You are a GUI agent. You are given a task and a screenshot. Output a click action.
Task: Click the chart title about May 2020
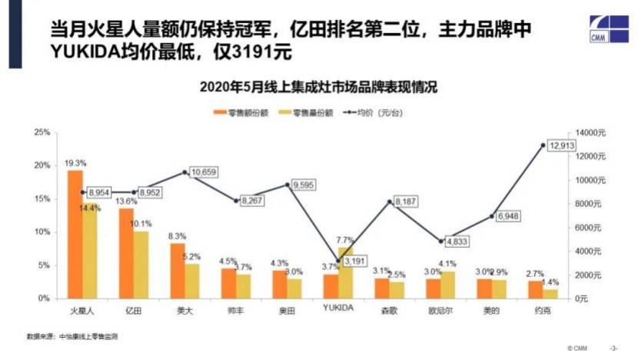click(318, 86)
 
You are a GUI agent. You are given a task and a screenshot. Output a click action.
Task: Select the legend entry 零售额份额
click(245, 112)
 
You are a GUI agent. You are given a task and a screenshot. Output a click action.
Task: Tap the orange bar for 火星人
click(75, 234)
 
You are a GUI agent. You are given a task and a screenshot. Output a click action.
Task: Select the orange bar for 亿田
click(126, 253)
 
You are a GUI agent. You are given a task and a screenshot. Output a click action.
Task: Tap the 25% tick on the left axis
click(42, 133)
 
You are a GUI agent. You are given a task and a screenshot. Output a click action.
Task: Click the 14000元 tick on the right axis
click(592, 133)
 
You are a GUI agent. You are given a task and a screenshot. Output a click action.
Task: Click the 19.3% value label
click(75, 163)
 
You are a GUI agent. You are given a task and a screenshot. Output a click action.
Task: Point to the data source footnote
click(72, 337)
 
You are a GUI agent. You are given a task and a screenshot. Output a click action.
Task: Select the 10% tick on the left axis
click(42, 232)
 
